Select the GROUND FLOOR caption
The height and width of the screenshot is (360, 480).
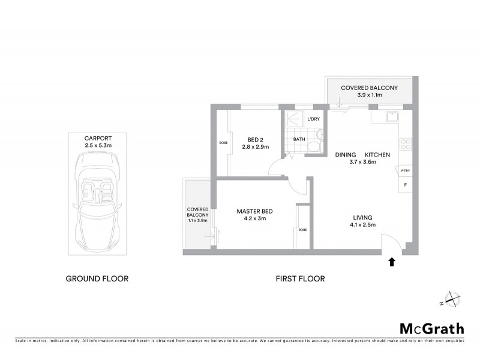[97, 278]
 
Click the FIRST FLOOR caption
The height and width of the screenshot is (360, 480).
[299, 278]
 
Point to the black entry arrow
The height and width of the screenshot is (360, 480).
[392, 262]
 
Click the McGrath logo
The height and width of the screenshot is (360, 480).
[431, 328]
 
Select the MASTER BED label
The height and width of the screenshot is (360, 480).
[255, 211]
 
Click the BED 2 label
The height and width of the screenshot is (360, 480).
[253, 139]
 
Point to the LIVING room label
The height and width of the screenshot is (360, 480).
[363, 217]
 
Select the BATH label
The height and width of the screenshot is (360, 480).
[299, 140]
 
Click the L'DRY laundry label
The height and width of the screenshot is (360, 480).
[313, 119]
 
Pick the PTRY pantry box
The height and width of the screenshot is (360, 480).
[405, 171]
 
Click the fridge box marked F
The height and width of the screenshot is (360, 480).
[405, 185]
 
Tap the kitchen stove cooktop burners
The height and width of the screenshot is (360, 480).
[406, 144]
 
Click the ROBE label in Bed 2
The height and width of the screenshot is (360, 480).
[223, 143]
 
